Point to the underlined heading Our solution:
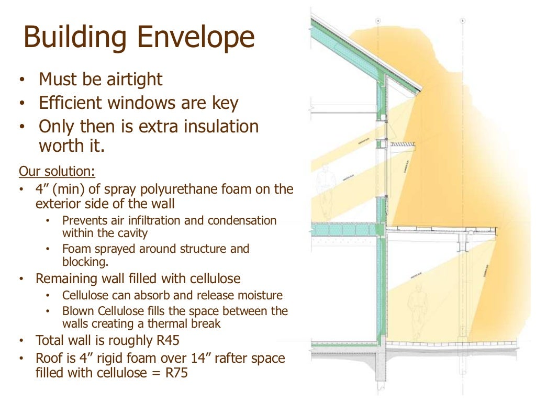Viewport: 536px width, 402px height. click(57, 171)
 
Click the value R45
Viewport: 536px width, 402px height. click(166, 341)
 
